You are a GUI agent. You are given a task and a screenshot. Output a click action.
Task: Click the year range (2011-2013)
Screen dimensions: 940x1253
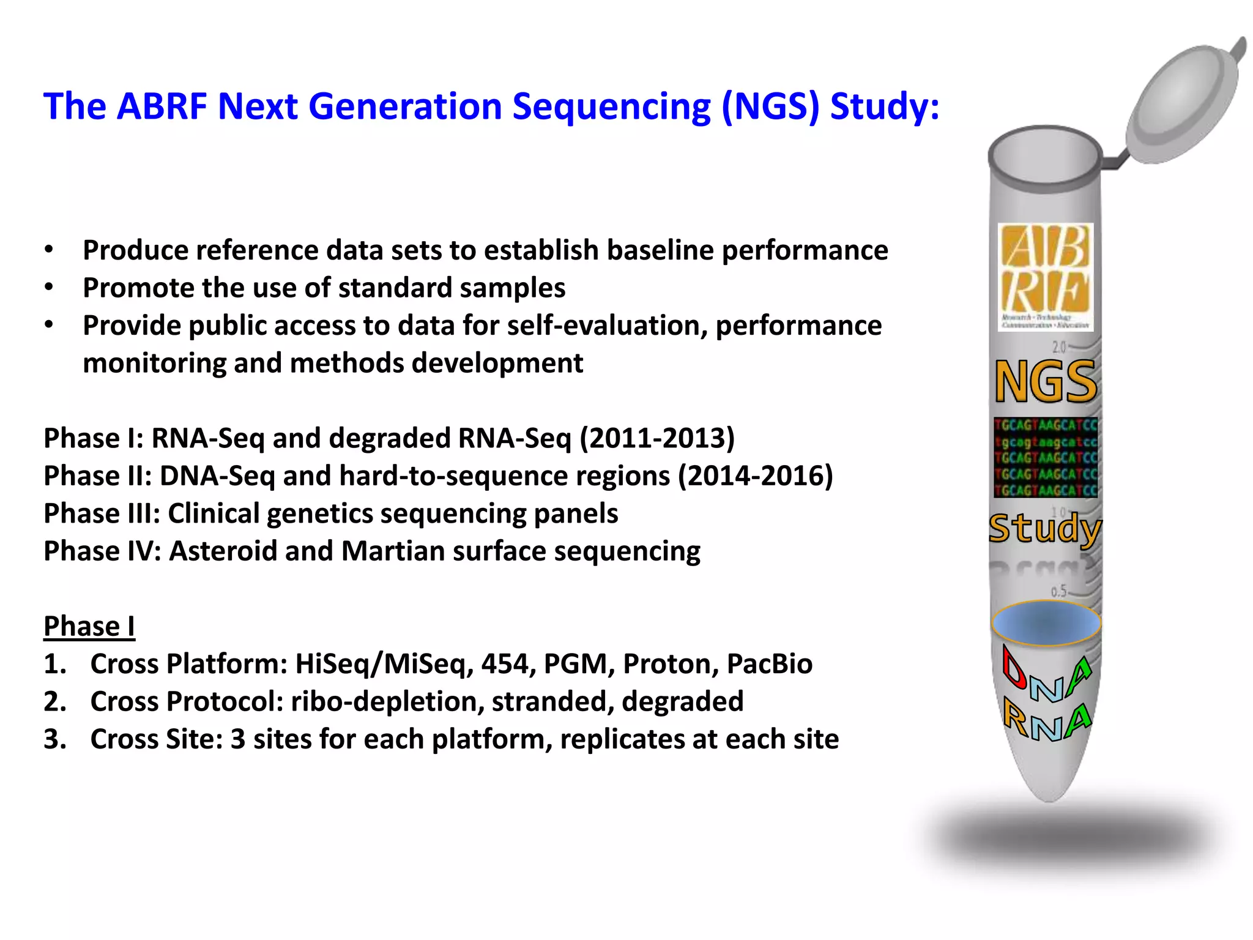657,438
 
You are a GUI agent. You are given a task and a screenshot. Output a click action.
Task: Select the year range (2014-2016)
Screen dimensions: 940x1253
756,476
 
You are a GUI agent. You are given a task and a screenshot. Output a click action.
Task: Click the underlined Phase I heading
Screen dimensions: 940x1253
89,626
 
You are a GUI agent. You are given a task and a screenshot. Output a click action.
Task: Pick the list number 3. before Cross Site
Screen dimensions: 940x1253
55,739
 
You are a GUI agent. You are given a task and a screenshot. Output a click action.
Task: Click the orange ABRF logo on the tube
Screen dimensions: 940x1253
1045,277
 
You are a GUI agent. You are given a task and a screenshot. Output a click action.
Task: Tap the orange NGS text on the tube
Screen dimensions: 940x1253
1046,382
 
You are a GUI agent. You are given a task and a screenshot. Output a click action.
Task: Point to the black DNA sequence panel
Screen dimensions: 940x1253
1046,458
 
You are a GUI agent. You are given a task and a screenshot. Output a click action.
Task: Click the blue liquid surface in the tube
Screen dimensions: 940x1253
1046,623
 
